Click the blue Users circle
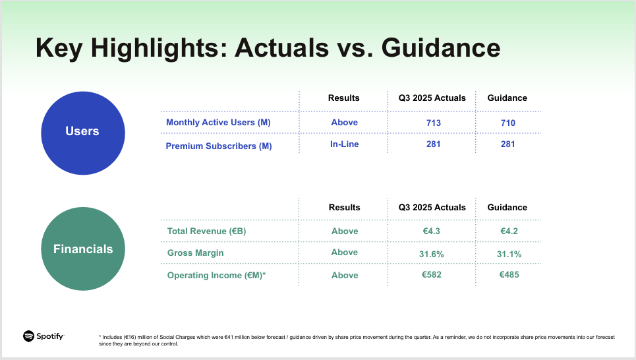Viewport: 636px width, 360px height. [82, 133]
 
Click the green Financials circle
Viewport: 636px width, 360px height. [82, 249]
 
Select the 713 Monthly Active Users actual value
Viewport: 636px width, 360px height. [433, 123]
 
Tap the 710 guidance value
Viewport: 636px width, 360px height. [507, 123]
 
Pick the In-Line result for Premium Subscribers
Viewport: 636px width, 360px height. [344, 144]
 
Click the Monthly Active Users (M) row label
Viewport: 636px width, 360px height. [218, 123]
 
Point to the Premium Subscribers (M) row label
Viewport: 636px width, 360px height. [219, 146]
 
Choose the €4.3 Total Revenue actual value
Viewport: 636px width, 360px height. [432, 231]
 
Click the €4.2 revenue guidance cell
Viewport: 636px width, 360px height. [507, 231]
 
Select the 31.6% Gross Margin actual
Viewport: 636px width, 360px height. [432, 254]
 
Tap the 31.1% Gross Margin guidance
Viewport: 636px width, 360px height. [507, 254]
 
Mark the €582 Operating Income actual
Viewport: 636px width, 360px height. [432, 274]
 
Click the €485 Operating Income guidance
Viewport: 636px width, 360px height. [507, 274]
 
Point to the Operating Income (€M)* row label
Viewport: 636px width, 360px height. [216, 275]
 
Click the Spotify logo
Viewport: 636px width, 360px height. [43, 336]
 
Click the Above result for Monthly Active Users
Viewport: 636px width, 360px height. [344, 122]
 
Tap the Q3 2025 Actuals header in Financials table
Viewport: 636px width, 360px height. [432, 207]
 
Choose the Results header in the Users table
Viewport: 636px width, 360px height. [344, 98]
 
